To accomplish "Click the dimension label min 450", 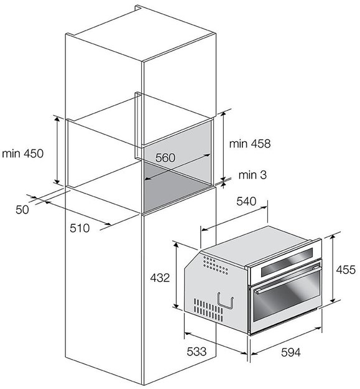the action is [x=22, y=154].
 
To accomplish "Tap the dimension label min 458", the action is [x=250, y=144].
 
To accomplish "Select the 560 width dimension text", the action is [x=165, y=157].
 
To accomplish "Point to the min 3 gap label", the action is [x=252, y=175].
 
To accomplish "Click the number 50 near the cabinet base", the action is [x=22, y=210].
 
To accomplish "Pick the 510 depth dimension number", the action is [x=80, y=228].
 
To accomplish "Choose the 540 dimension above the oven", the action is [x=246, y=201].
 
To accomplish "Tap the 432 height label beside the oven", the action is [x=160, y=278].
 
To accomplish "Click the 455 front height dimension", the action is [x=346, y=269].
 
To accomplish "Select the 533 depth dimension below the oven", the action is [x=196, y=351].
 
